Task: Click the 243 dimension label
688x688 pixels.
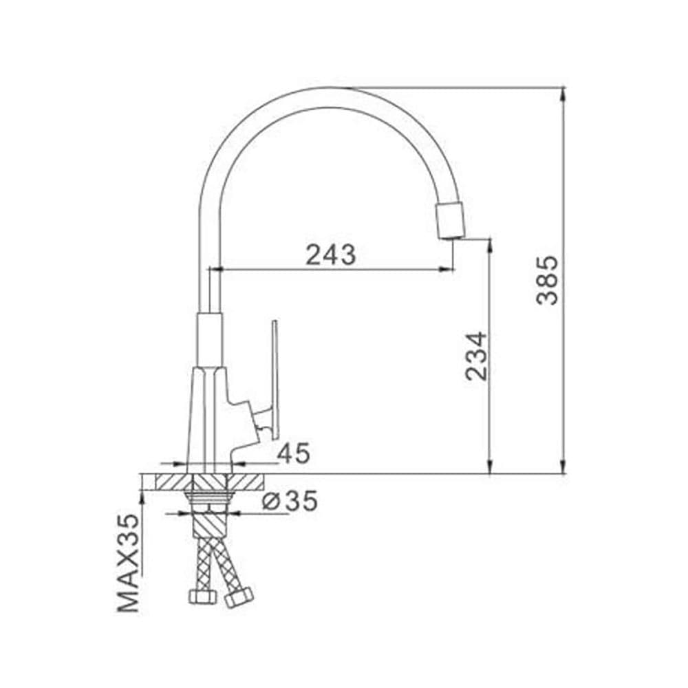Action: [330, 255]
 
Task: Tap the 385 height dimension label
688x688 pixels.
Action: [547, 281]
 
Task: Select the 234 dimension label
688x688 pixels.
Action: [476, 356]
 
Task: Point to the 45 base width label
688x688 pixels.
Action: [294, 453]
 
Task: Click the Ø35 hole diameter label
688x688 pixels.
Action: [290, 501]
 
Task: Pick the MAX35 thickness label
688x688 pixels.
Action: [128, 563]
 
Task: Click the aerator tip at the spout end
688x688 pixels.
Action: [449, 221]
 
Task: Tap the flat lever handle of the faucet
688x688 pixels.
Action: [275, 380]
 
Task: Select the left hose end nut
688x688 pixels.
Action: [203, 596]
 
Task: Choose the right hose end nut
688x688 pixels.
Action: [239, 597]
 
